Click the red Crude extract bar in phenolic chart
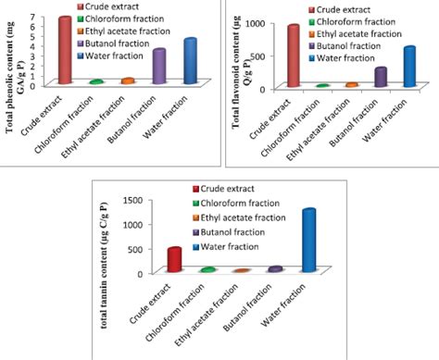pos(65,51)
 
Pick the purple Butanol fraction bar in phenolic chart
pos(159,67)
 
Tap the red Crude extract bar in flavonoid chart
pos(294,56)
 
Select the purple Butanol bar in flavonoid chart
pos(381,77)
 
